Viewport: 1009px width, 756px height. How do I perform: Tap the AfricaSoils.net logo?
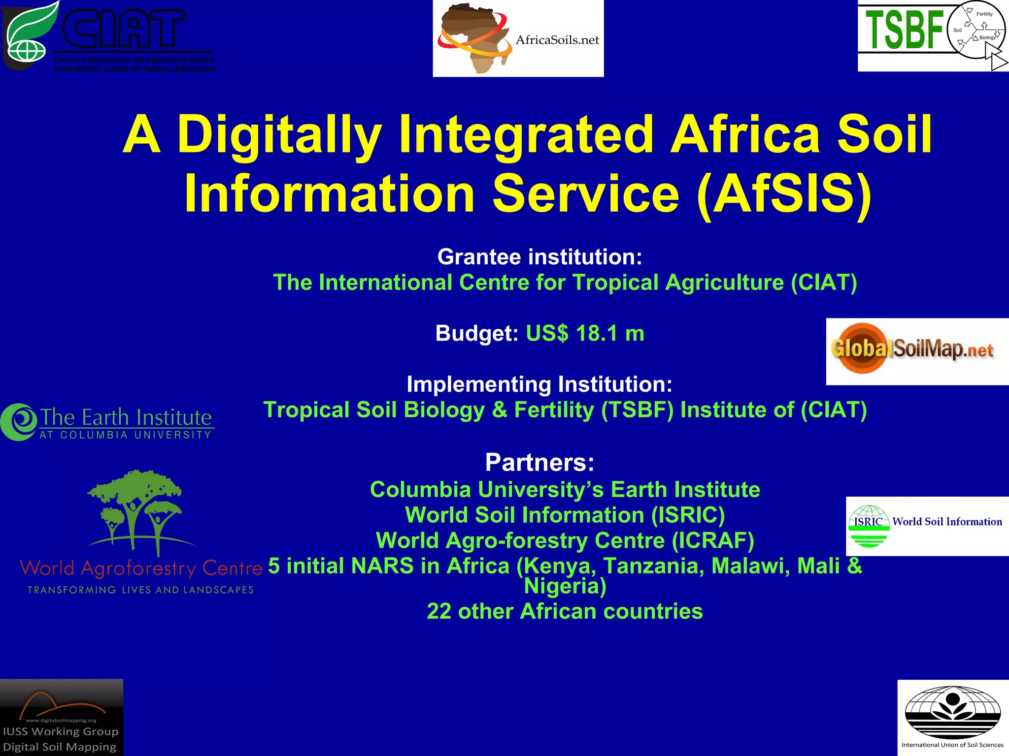pyautogui.click(x=518, y=38)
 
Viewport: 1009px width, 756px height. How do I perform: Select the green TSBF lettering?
pyautogui.click(x=904, y=31)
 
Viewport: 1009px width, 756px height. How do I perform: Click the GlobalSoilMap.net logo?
pyautogui.click(x=916, y=351)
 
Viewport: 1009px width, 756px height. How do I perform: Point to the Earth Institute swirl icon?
pyautogui.click(x=19, y=422)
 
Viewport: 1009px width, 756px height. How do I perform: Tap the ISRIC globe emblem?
pyautogui.click(x=869, y=526)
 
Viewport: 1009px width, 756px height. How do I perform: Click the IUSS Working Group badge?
pyautogui.click(x=61, y=718)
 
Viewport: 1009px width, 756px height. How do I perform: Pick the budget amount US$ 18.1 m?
pyautogui.click(x=585, y=334)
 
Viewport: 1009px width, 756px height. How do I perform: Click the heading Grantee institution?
pyautogui.click(x=539, y=257)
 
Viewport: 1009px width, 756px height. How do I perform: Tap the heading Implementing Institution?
pyautogui.click(x=539, y=384)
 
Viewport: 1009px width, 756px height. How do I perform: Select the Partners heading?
pyautogui.click(x=539, y=462)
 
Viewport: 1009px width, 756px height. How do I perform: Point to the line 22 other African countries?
pyautogui.click(x=565, y=611)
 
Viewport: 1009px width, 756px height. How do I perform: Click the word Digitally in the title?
pyautogui.click(x=279, y=134)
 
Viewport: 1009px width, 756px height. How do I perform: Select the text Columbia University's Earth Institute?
pyautogui.click(x=565, y=490)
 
